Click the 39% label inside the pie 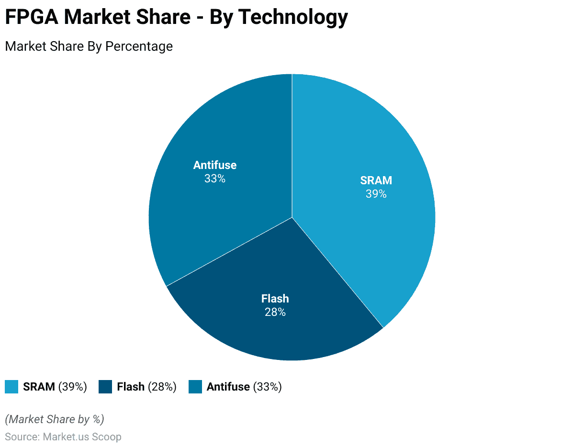376,194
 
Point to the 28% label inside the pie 275,312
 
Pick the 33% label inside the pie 214,179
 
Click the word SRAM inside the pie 376,180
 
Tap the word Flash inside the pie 275,299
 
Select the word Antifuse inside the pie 214,165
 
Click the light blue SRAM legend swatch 11,387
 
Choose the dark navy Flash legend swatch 105,387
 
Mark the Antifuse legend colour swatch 195,387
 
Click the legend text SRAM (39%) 55,387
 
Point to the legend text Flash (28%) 146,387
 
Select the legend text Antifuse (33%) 244,387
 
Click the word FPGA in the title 32,17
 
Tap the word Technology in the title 293,17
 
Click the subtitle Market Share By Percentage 89,46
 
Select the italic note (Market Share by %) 54,419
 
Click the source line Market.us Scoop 63,437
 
